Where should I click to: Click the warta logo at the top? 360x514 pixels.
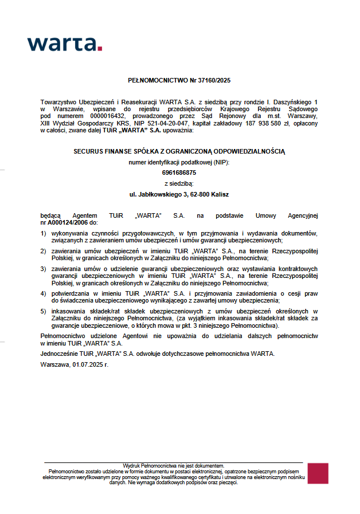[x=64, y=44]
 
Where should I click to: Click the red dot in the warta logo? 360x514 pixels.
[x=100, y=49]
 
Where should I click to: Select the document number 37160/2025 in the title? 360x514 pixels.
[x=213, y=81]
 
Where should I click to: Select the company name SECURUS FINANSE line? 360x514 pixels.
[x=179, y=151]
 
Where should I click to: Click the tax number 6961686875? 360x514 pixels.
[x=179, y=172]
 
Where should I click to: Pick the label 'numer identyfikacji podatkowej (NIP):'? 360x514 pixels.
[x=179, y=162]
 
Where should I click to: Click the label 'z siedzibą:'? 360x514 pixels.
[x=179, y=183]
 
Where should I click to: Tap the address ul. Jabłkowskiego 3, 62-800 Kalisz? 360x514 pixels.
[x=179, y=194]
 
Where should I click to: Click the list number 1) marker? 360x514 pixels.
[x=44, y=233]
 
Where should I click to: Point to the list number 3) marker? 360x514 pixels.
[x=44, y=268]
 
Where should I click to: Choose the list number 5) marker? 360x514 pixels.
[x=44, y=311]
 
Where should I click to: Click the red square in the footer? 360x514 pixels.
[x=318, y=473]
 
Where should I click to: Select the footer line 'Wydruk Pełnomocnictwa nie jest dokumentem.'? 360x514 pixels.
[x=174, y=465]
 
